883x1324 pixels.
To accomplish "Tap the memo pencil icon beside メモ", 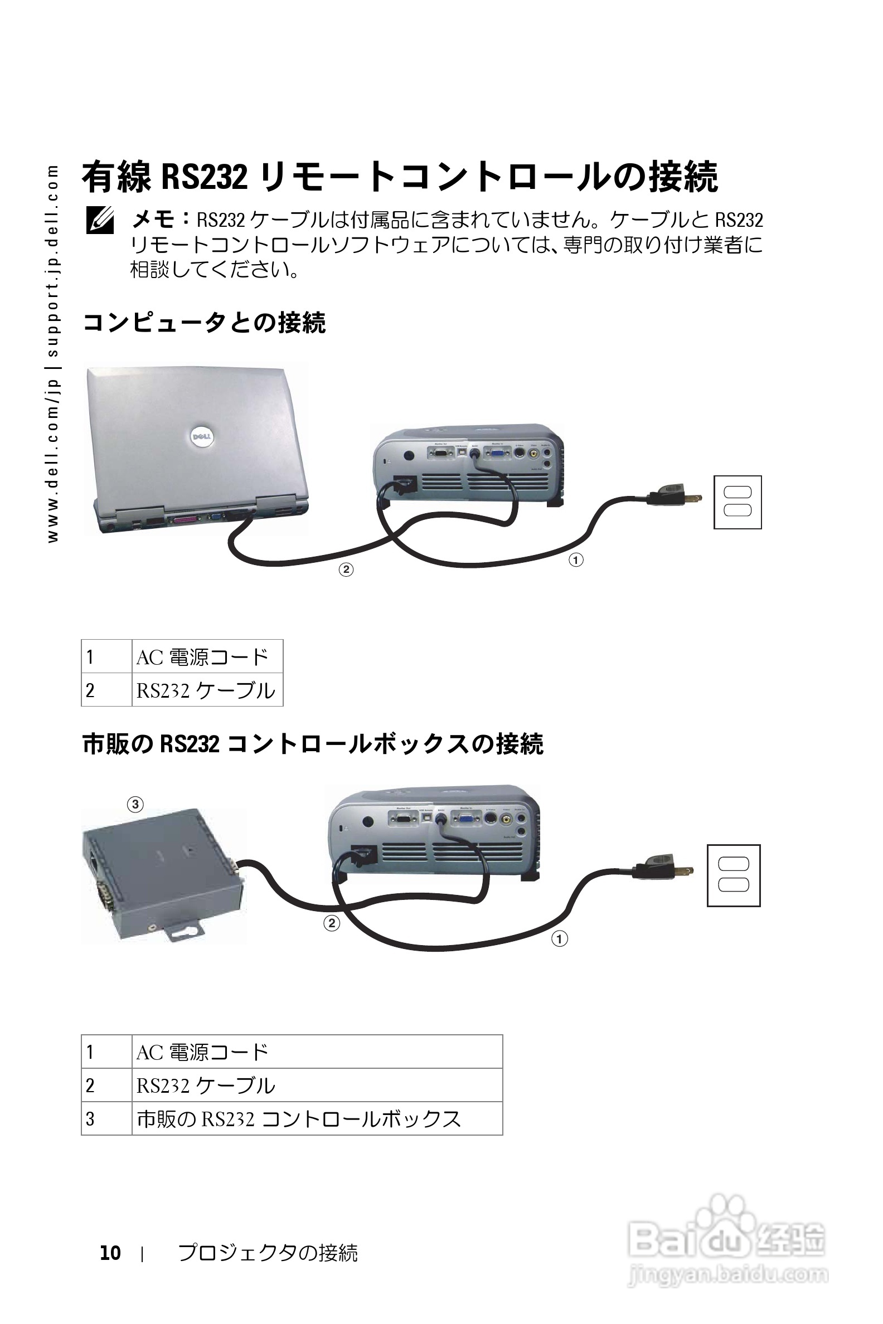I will pos(100,220).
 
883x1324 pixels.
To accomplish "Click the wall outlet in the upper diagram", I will pos(737,502).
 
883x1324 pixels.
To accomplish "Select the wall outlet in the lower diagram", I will pos(733,875).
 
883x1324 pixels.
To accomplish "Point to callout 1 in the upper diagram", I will pos(575,560).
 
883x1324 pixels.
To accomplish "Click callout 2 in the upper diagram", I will pos(346,569).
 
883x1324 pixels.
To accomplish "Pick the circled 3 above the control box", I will pos(135,805).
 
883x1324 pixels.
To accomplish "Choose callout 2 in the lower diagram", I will pos(332,923).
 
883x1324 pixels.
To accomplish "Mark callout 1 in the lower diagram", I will pos(559,939).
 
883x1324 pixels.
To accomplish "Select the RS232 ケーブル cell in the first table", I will pos(207,690).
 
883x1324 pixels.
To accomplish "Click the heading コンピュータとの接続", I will pos(204,323).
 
